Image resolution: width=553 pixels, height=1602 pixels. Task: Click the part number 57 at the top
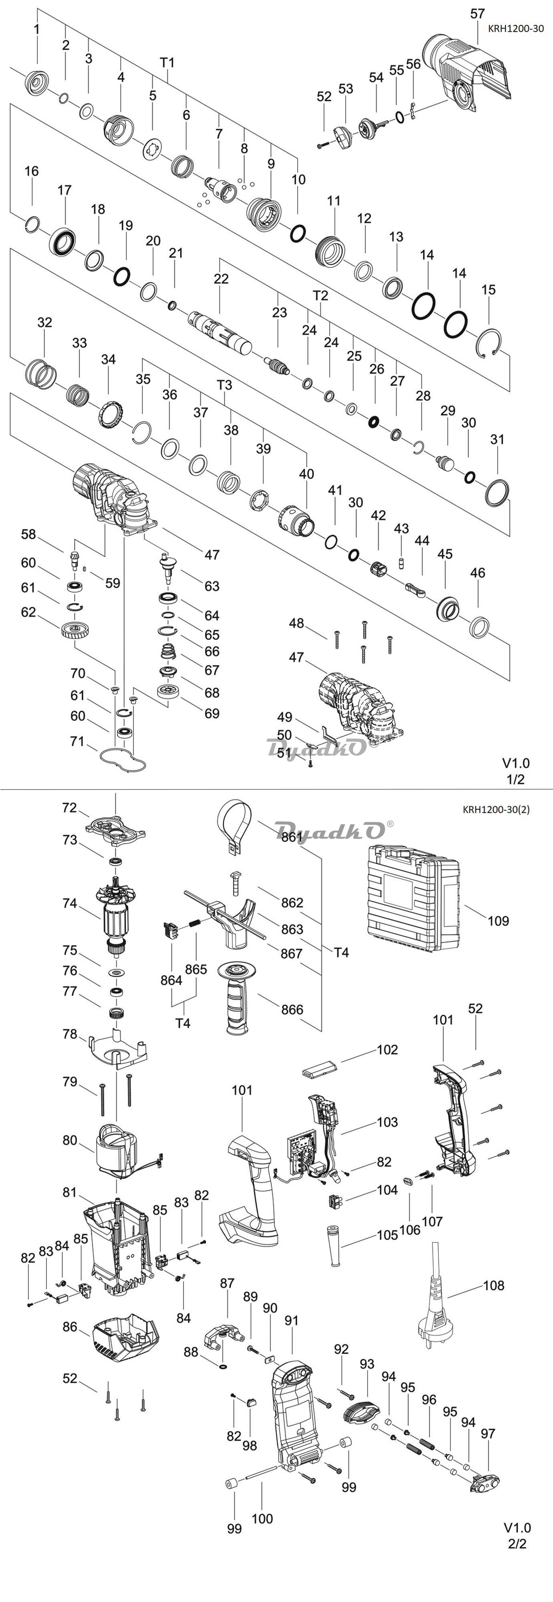pyautogui.click(x=478, y=13)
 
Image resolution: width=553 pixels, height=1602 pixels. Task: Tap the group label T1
pyautogui.click(x=168, y=62)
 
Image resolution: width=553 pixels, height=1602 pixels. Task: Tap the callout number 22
pyautogui.click(x=222, y=279)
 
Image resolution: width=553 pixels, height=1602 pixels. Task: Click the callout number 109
pyautogui.click(x=498, y=920)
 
